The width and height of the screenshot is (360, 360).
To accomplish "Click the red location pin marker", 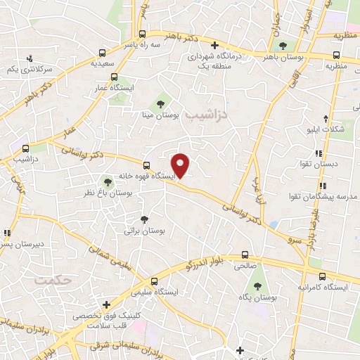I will [x=181, y=165].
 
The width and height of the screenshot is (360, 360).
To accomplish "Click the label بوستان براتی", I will [x=144, y=231].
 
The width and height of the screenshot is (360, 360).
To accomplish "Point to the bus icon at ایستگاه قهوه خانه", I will [x=146, y=164].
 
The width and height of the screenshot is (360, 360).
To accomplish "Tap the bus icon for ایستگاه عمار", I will [x=115, y=77].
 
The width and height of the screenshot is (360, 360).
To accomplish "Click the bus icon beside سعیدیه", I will [x=102, y=52].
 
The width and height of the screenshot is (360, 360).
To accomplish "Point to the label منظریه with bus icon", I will [x=336, y=66].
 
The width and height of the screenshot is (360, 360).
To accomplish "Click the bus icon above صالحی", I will [x=245, y=255].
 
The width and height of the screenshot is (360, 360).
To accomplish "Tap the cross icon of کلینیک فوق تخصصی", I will [x=106, y=305].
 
